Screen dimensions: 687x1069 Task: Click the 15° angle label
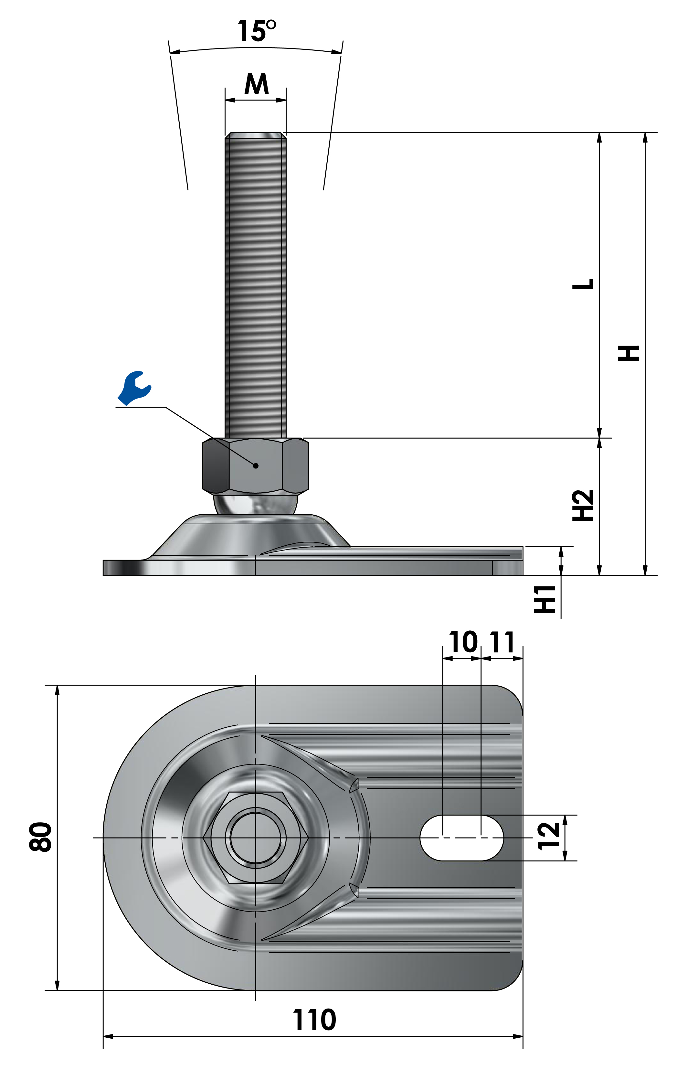pyautogui.click(x=257, y=31)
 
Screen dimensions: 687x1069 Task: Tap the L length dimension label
pyautogui.click(x=583, y=284)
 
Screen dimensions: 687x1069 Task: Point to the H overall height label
pyautogui.click(x=629, y=353)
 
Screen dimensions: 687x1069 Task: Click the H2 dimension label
pyautogui.click(x=583, y=506)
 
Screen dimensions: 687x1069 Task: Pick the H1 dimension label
pyautogui.click(x=545, y=599)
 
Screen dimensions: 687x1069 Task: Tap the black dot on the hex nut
pyautogui.click(x=256, y=466)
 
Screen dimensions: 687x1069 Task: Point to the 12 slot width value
pyautogui.click(x=549, y=836)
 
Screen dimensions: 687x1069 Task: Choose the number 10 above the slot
pyautogui.click(x=463, y=643)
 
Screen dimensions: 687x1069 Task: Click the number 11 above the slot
pyautogui.click(x=502, y=643)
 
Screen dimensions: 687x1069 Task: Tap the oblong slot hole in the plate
pyautogui.click(x=462, y=838)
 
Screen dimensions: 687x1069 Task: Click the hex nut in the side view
pyautogui.click(x=256, y=466)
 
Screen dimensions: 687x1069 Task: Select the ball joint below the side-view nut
pyautogui.click(x=256, y=504)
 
